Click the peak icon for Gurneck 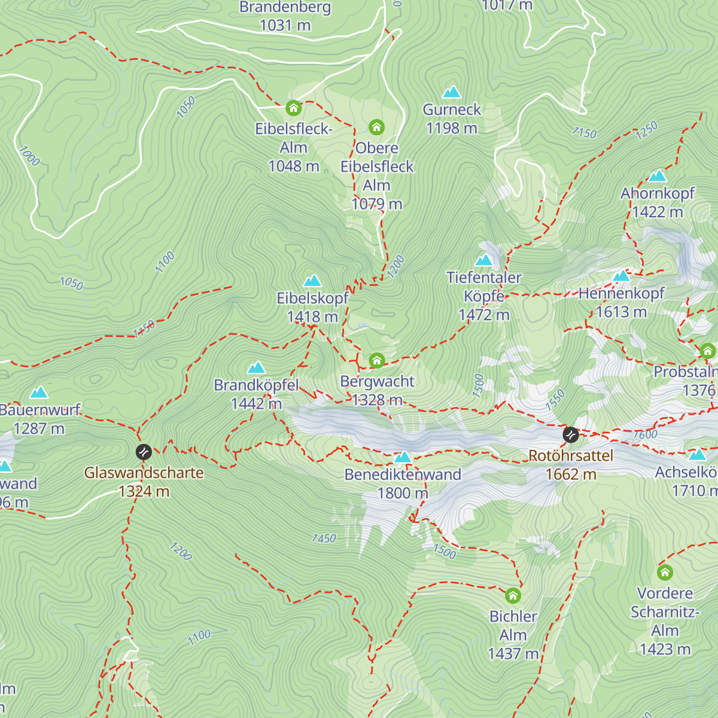pos(452,92)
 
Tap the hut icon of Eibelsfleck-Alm pos(293,108)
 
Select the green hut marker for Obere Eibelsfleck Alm pos(376,127)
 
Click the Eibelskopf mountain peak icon pos(312,281)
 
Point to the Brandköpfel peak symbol pos(256,367)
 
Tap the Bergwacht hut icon pos(376,360)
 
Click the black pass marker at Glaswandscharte pos(144,452)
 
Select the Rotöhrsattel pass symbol pos(571,434)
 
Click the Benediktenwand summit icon pos(403,458)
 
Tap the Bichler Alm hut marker pos(513,596)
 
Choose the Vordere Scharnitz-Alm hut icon pos(665,573)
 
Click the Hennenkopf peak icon pos(622,276)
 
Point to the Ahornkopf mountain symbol pos(658,176)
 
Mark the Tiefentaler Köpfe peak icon pos(483,260)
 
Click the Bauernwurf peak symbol pos(39,393)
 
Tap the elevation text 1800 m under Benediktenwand pos(403,493)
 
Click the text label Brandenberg pos(285,7)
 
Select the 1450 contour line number pos(324,538)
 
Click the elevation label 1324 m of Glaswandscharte pos(144,491)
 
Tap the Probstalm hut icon pos(708,351)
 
